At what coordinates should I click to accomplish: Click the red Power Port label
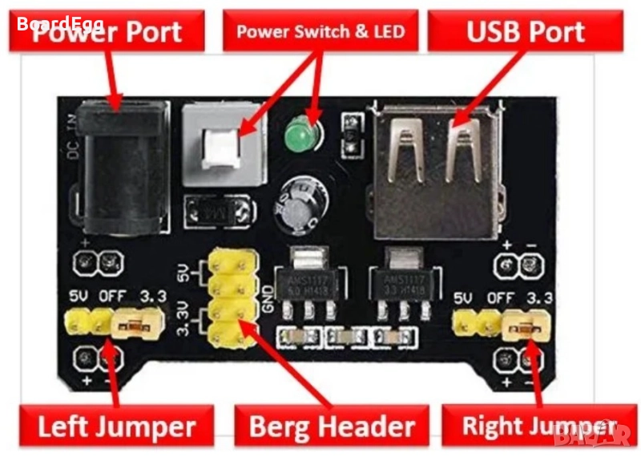click(x=109, y=32)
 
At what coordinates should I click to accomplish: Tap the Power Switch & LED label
click(x=320, y=32)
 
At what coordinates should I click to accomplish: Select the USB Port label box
click(x=525, y=32)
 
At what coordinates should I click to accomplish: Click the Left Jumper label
click(x=116, y=425)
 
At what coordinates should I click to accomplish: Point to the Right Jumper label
click(x=538, y=426)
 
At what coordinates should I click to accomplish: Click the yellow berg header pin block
click(x=231, y=297)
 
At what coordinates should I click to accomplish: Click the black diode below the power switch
click(x=213, y=212)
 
